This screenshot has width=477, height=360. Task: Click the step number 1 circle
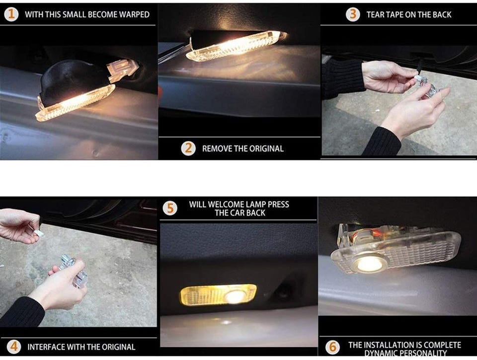point(11,14)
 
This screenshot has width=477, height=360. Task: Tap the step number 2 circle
point(188,148)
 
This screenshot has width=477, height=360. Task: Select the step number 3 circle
point(353,14)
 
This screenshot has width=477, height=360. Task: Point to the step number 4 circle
point(14,347)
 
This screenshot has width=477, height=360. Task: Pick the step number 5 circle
point(170,209)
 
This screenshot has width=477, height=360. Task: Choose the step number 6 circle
point(332,347)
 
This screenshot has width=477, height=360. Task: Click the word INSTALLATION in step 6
point(390,345)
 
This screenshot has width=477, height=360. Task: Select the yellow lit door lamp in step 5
point(219,295)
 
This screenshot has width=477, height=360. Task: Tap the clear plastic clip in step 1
point(123,71)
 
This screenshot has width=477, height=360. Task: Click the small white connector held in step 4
point(39,233)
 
